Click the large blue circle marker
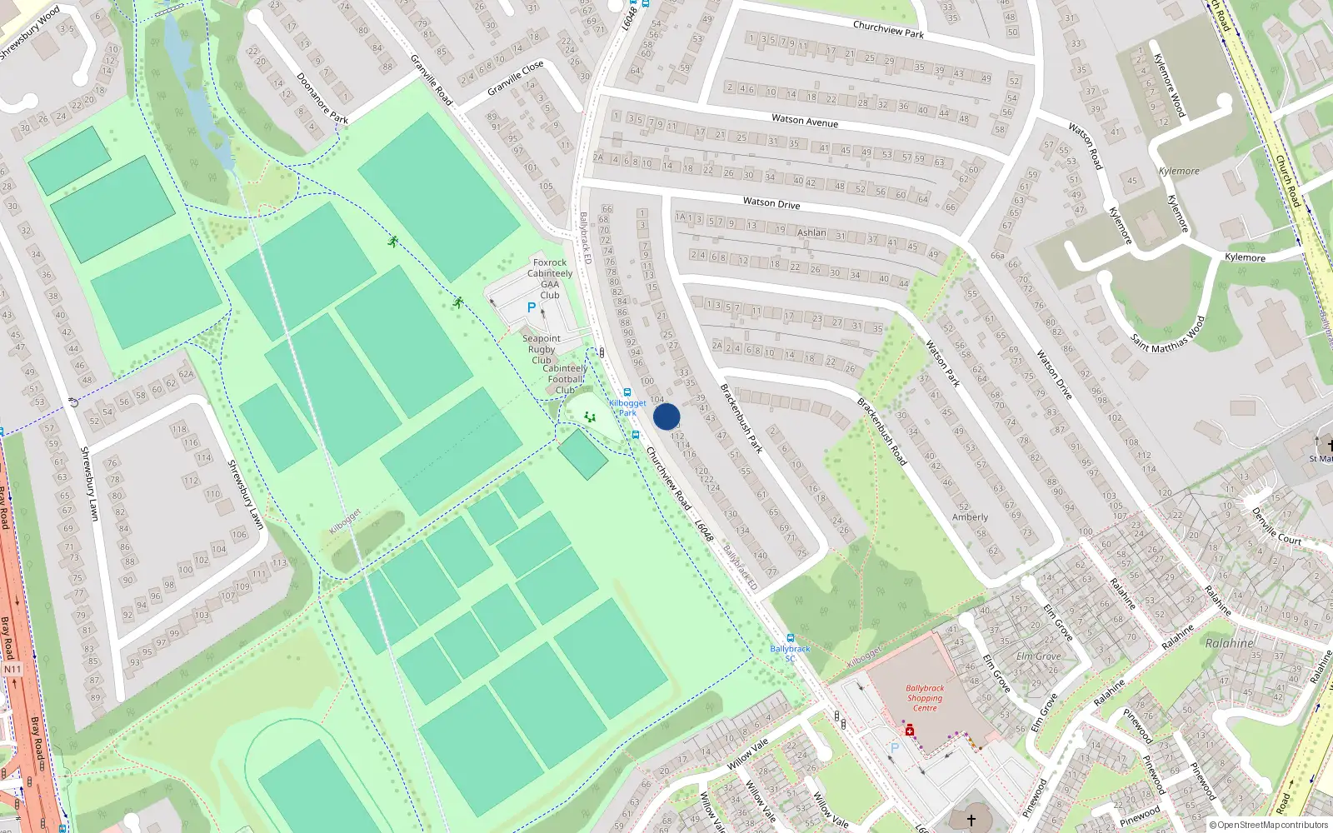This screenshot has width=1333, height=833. (x=666, y=416)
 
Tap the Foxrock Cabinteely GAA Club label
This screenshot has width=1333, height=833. (x=550, y=278)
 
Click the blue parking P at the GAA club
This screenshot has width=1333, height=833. (x=532, y=307)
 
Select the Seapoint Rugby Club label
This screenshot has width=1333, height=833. (x=542, y=349)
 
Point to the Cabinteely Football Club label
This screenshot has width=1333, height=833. (x=565, y=379)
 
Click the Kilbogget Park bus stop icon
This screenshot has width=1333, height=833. (x=627, y=392)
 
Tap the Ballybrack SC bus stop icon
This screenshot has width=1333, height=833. (x=790, y=638)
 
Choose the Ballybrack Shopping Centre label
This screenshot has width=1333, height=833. (x=925, y=698)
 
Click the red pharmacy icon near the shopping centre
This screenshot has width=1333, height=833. (x=910, y=731)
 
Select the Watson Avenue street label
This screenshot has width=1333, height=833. (x=805, y=121)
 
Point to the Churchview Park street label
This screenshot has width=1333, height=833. (x=888, y=29)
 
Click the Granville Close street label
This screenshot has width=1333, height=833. (x=516, y=77)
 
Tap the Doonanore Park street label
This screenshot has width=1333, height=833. (x=322, y=98)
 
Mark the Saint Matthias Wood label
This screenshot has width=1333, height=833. (x=1168, y=334)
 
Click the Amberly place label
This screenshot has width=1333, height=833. (x=970, y=517)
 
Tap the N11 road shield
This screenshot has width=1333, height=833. (x=12, y=669)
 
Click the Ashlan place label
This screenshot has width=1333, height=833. (x=811, y=232)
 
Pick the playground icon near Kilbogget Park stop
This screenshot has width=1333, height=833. (x=590, y=416)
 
